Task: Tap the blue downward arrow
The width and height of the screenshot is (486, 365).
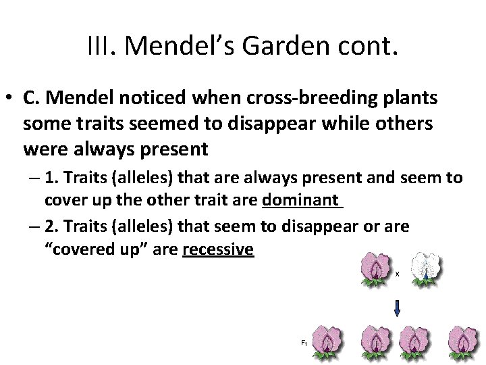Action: [397, 308]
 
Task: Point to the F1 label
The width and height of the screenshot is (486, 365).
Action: [304, 343]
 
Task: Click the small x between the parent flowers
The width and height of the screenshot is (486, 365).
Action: [397, 274]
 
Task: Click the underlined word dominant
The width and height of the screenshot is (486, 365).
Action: [302, 200]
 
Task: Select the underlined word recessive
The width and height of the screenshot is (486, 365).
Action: [218, 250]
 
